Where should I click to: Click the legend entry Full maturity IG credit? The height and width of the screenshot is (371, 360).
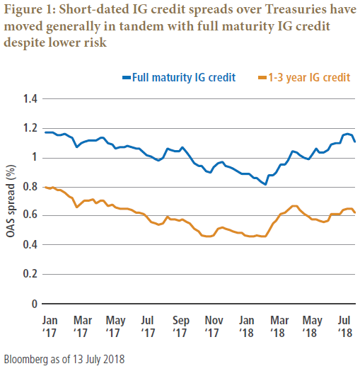coord(178,76)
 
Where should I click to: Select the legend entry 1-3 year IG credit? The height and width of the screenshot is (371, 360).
coord(304,76)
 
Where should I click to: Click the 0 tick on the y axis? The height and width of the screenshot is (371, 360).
coord(33,304)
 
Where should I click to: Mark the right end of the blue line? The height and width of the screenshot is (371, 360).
coord(355,142)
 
